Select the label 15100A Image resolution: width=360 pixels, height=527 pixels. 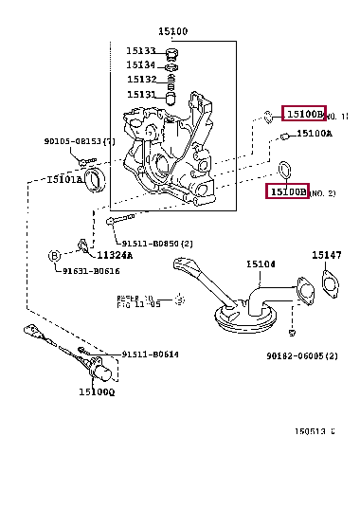pos(314,134)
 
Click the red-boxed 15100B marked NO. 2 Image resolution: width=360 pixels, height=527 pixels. pos(289,191)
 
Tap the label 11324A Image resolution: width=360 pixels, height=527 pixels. pos(114,254)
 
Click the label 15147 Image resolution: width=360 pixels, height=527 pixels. pos(327,255)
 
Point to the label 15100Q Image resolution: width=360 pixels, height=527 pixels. pos(96,391)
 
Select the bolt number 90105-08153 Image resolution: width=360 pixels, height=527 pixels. pos(80,141)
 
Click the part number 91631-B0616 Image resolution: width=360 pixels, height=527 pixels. pos(91,271)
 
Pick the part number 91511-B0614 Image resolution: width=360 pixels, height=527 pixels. pos(150,354)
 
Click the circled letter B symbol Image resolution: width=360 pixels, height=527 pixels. pos(55,255)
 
